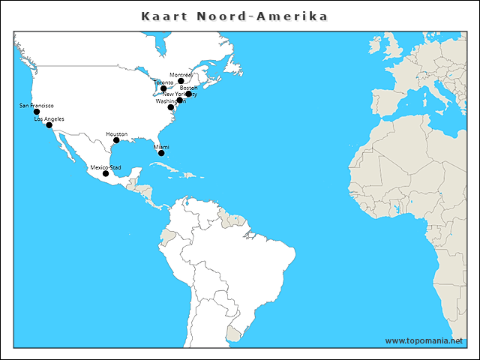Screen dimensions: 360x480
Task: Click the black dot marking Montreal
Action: coord(181,81)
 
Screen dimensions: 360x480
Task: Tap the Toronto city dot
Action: coord(163,88)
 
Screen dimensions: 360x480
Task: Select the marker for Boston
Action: coord(188,94)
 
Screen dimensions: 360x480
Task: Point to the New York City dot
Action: coord(180,100)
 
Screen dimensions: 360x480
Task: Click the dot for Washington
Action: coord(171,107)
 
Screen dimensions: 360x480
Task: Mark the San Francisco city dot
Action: coord(37,112)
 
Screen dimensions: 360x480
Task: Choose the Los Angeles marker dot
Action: coord(49,125)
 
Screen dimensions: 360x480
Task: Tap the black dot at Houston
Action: coord(116,140)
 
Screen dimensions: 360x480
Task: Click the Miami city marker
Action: coord(161,153)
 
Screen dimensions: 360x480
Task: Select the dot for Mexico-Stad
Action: coord(106,174)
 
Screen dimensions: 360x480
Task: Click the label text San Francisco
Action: coord(36,106)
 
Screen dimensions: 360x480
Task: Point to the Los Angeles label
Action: coord(49,118)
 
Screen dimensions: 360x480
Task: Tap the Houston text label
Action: coord(116,133)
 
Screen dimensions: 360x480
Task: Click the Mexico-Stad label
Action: coord(106,167)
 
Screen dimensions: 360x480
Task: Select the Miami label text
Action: coord(161,147)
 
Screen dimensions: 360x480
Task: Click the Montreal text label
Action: coord(181,75)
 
